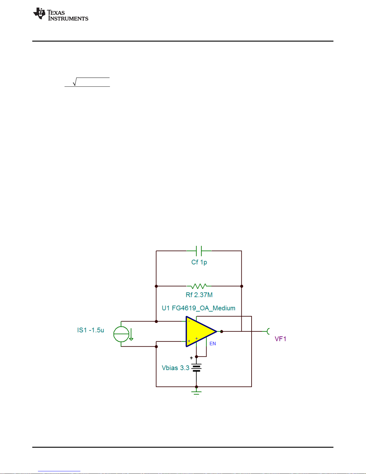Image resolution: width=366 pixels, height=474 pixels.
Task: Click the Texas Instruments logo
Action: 61,14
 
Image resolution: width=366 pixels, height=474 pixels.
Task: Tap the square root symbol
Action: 75,82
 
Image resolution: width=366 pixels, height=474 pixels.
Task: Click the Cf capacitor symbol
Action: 199,251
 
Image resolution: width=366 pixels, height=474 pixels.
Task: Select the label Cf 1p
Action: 199,262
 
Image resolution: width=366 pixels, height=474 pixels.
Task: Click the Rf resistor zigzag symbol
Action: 199,286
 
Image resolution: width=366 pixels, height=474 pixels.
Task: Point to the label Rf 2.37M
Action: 199,295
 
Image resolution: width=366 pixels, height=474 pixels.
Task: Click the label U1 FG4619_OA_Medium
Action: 198,308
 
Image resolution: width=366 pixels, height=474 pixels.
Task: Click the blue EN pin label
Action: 213,344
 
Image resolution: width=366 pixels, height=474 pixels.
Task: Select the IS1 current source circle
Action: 121,334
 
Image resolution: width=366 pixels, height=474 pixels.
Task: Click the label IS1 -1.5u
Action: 91,330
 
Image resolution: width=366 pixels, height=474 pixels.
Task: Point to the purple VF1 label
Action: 280,339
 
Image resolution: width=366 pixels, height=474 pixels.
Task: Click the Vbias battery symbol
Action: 196,368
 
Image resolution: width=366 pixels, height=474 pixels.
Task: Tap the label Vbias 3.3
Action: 176,368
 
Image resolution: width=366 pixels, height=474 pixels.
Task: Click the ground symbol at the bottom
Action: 196,393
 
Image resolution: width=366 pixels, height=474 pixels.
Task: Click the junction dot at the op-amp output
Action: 222,332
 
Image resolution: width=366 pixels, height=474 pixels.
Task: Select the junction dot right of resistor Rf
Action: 242,286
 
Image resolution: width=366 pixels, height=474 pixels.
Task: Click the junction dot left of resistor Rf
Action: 156,286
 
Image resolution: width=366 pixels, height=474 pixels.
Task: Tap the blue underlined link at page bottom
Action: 59,471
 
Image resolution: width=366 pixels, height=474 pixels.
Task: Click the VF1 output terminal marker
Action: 268,331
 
